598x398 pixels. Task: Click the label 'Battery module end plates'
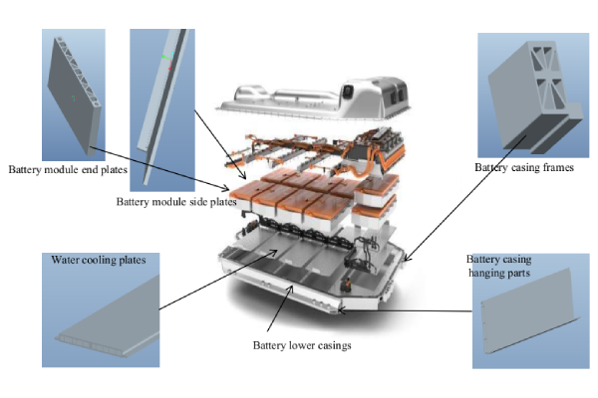[x=68, y=169]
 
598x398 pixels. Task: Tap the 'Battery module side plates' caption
[x=176, y=201]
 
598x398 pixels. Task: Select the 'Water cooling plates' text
[x=99, y=260]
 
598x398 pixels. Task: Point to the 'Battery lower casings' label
[x=302, y=345]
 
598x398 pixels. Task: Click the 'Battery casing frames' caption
[x=524, y=167]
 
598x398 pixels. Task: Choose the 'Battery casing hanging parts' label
[x=499, y=267]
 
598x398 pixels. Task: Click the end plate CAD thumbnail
[x=74, y=95]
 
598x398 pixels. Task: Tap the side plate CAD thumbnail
[x=162, y=110]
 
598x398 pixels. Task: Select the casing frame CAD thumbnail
[x=533, y=96]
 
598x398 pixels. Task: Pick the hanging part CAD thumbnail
[x=531, y=311]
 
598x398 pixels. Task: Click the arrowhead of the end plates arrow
[x=226, y=188]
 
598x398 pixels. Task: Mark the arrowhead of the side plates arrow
[x=244, y=176]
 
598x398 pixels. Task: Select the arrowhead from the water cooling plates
[x=274, y=252]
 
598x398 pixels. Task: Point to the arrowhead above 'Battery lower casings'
[x=291, y=289]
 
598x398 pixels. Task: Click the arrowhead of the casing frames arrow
[x=407, y=259]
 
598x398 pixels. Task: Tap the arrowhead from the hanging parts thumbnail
[x=341, y=310]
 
